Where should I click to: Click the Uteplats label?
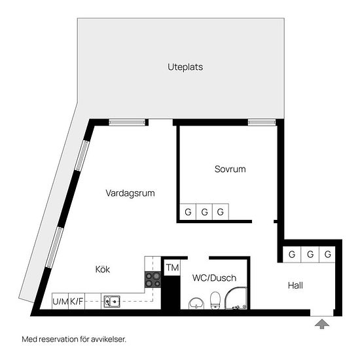coord(185,67)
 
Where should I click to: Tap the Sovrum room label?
coord(230,169)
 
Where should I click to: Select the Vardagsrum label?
coord(130,193)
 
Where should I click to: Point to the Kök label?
coord(103,269)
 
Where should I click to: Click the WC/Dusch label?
coord(214,278)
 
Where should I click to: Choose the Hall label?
coord(295,285)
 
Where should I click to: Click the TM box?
coord(172,268)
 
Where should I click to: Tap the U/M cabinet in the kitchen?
coord(60,301)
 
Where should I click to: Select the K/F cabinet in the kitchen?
coord(77,301)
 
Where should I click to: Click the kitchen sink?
coord(112,302)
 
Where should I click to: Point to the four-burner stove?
coord(153,279)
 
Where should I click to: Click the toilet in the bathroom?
coord(215,300)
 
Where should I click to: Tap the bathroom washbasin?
coord(196,304)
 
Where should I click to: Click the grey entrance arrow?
coord(322,324)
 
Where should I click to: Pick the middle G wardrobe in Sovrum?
coord(204,211)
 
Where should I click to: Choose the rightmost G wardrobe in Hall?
coord(327,255)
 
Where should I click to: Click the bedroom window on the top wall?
coord(262,122)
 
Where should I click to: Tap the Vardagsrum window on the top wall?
coord(127,122)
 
